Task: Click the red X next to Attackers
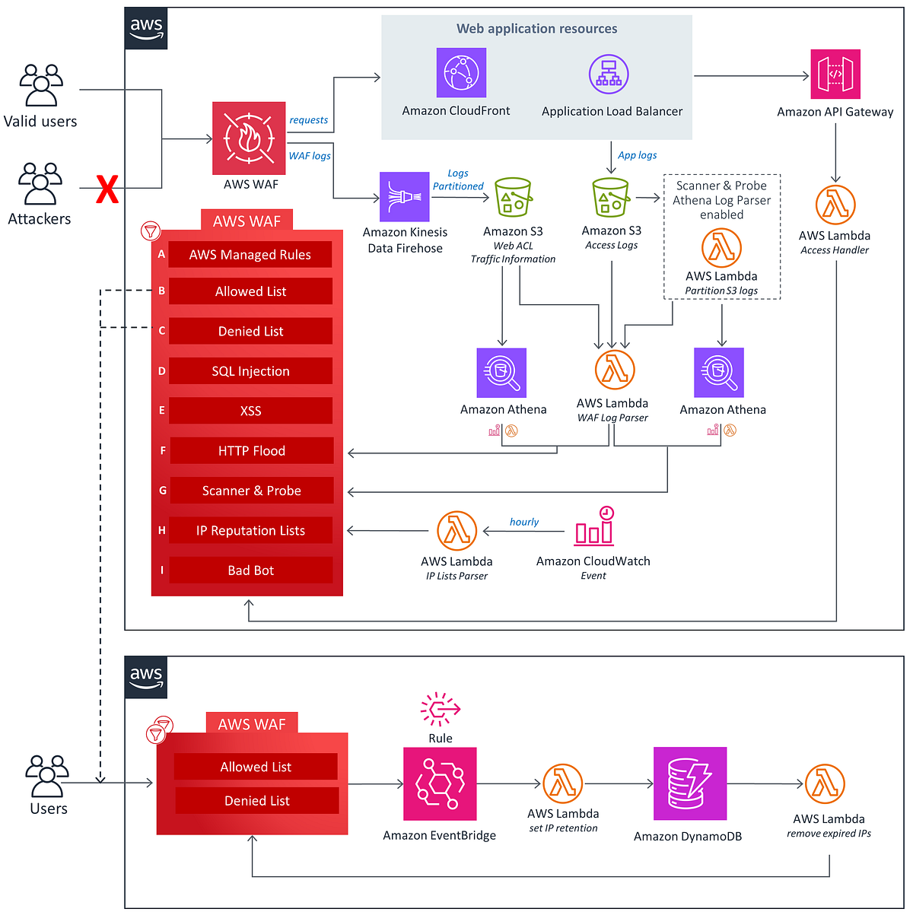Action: (x=107, y=189)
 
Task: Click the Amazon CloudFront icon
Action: (x=461, y=73)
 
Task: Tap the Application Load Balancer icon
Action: (x=609, y=75)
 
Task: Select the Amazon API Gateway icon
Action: (x=835, y=75)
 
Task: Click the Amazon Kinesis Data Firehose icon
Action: (x=405, y=197)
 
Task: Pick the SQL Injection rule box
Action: (x=250, y=371)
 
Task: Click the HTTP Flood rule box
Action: (x=251, y=451)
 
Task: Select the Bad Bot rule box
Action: (x=250, y=570)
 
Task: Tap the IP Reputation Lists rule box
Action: (x=250, y=531)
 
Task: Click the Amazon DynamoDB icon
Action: (x=690, y=783)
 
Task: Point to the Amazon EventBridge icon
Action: (x=440, y=783)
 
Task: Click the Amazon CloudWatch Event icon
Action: (x=594, y=526)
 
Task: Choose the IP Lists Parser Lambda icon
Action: (x=456, y=531)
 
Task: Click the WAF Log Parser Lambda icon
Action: (x=614, y=370)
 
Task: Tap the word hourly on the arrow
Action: (x=524, y=522)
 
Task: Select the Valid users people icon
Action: (x=41, y=84)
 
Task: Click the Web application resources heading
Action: (x=536, y=29)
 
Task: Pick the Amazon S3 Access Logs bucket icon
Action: (x=611, y=199)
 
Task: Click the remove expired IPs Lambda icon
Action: (x=825, y=784)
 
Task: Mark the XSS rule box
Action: (x=250, y=411)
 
